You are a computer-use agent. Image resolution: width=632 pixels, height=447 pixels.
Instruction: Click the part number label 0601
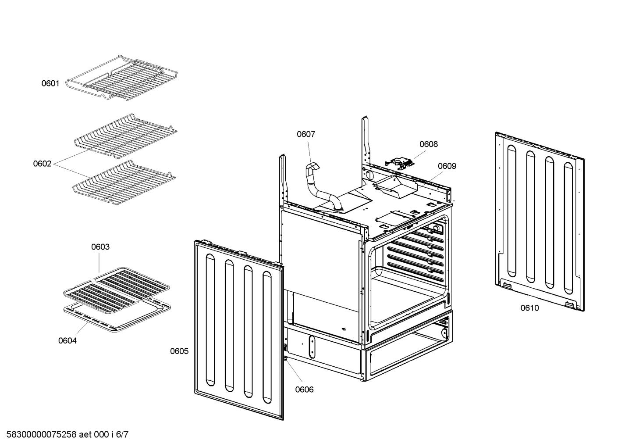click(x=50, y=83)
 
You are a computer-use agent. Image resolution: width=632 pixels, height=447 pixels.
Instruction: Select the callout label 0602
click(x=42, y=164)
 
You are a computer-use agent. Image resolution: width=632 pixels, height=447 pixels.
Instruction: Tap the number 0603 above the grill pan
click(x=100, y=247)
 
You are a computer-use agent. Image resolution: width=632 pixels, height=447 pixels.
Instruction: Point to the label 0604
click(x=67, y=340)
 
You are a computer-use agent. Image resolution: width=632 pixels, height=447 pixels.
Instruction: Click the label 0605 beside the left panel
click(x=179, y=351)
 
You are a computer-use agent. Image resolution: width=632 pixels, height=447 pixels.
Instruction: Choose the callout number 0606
click(x=304, y=390)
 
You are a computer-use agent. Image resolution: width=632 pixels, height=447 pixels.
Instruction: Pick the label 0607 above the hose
click(x=306, y=134)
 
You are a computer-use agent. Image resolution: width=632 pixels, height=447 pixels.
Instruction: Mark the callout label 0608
click(x=428, y=144)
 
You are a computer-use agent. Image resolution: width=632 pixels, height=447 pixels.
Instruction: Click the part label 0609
click(x=447, y=166)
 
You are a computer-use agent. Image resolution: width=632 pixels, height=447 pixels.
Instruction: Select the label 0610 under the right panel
click(x=529, y=308)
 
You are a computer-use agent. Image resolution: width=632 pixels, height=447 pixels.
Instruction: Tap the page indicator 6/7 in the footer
click(x=122, y=435)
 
